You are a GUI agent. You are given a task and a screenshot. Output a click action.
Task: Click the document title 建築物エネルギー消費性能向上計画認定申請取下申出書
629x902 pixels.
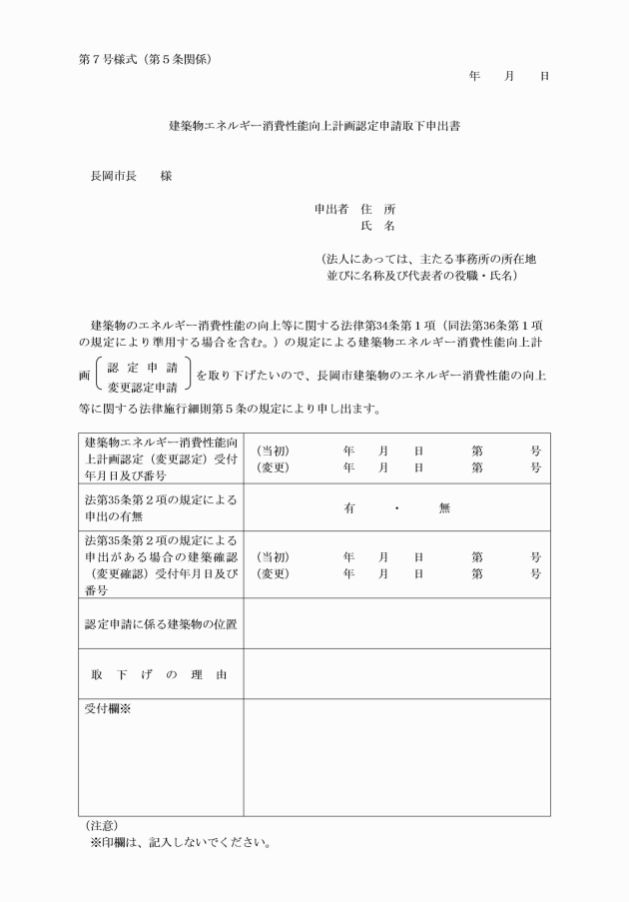point(314,127)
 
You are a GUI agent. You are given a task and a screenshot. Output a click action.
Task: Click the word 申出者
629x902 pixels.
point(329,209)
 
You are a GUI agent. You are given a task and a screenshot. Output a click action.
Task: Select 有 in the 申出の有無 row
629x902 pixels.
point(349,507)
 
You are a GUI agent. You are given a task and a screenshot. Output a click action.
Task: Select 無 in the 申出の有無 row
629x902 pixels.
point(444,507)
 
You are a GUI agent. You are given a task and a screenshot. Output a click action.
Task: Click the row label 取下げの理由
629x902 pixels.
point(160,675)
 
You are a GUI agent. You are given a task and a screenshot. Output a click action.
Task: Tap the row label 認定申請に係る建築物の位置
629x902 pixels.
point(160,624)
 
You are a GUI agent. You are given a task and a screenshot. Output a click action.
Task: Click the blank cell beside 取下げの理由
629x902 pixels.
point(396,674)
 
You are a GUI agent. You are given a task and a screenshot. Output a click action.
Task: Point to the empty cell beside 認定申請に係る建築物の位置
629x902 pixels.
point(396,623)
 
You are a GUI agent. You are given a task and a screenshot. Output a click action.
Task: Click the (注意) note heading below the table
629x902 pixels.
point(102,825)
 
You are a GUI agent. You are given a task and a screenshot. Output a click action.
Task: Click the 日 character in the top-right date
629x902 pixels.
point(543,76)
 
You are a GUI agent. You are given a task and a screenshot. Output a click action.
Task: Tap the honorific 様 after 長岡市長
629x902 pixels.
point(166,176)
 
